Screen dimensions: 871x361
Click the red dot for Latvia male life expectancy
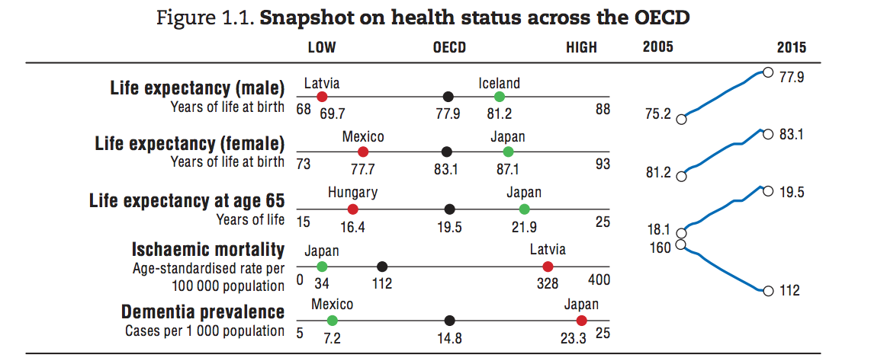tap(322, 97)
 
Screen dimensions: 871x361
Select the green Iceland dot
tap(500, 97)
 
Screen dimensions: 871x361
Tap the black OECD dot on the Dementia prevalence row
tap(450, 321)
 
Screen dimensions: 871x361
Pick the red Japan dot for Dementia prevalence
tap(582, 321)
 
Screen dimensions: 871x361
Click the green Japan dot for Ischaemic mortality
tap(322, 266)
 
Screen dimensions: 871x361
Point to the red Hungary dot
tap(352, 209)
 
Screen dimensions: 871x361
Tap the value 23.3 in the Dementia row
tap(574, 338)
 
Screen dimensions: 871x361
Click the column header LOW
tap(322, 48)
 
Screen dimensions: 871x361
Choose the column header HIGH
tap(582, 48)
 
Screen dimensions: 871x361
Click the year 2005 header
tap(657, 47)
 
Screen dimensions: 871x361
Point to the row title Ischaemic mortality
tap(207, 250)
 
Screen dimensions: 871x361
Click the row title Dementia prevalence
tap(203, 312)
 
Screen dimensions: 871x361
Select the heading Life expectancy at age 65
tap(187, 201)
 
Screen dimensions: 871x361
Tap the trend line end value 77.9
tap(792, 78)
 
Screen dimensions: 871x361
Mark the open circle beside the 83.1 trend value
tap(768, 134)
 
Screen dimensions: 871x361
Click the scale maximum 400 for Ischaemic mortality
tap(599, 280)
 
